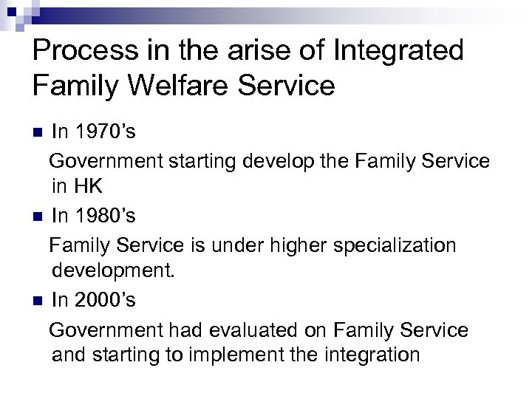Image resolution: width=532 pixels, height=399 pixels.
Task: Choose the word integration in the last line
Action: click(x=372, y=355)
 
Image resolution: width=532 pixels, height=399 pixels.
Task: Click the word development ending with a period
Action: click(x=114, y=271)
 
